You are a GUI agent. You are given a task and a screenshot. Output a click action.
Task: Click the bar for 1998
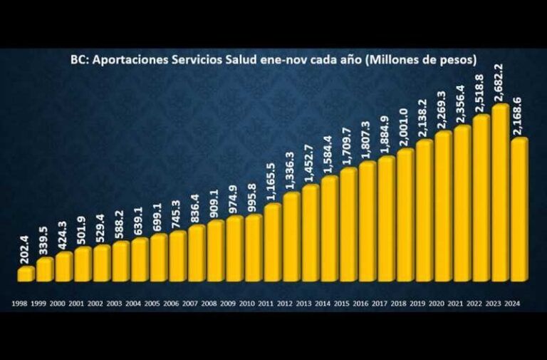pos(26,274)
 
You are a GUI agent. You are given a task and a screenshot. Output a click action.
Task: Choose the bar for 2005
pos(159,257)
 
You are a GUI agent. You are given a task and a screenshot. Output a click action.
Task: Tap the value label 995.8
pos(253,197)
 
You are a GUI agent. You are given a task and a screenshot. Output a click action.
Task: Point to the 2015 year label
pos(348,304)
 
